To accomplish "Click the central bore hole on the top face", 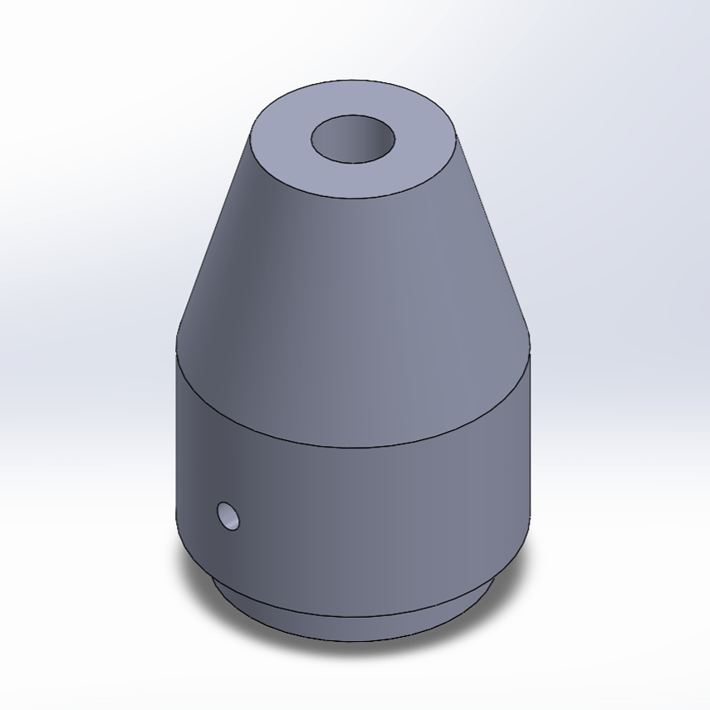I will click(x=353, y=140).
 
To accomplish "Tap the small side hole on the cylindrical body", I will click(x=228, y=517).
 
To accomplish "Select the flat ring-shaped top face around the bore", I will click(x=415, y=166).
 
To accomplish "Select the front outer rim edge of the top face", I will click(x=353, y=198).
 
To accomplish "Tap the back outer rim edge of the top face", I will click(x=353, y=81).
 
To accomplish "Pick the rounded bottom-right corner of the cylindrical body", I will click(x=519, y=552).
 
